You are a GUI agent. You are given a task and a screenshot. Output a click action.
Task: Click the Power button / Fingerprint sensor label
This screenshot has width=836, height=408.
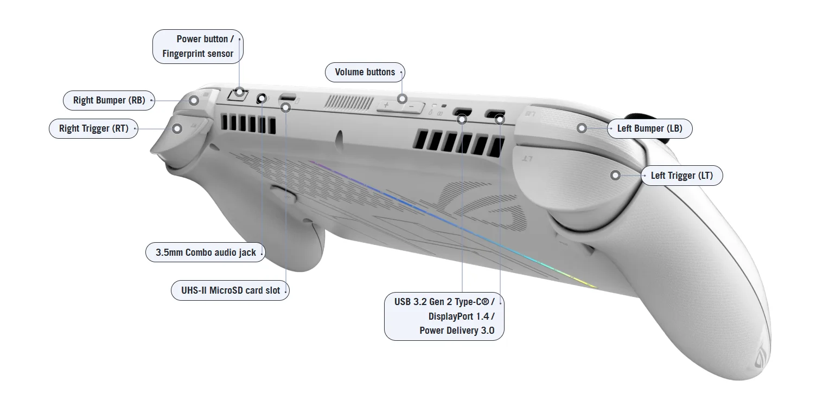(x=197, y=47)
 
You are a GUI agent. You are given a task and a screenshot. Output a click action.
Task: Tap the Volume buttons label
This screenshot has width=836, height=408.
(x=365, y=72)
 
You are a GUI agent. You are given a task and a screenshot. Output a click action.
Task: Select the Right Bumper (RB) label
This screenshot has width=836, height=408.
(x=109, y=100)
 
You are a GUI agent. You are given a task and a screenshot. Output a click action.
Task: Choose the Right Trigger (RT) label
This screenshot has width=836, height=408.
(x=93, y=129)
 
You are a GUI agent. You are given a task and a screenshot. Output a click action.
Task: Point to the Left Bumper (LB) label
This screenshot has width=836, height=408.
(x=649, y=128)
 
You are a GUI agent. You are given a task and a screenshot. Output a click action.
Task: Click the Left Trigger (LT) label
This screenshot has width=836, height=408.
(x=681, y=176)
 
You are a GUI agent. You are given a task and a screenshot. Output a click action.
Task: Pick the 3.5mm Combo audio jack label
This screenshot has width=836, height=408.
(x=205, y=252)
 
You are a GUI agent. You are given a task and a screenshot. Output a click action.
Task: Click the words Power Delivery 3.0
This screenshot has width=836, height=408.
(x=457, y=331)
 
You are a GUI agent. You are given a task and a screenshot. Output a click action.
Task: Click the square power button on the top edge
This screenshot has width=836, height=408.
(x=237, y=95)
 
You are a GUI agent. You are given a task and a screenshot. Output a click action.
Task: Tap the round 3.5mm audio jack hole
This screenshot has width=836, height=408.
(x=261, y=99)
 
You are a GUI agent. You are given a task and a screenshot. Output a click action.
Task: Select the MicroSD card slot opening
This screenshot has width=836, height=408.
(x=288, y=99)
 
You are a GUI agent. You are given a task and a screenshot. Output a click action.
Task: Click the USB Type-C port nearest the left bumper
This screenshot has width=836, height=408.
(x=495, y=114)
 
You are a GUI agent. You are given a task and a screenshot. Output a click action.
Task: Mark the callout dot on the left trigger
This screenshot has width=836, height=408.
(x=615, y=176)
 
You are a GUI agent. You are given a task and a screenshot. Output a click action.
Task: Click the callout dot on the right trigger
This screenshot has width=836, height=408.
(x=177, y=129)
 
